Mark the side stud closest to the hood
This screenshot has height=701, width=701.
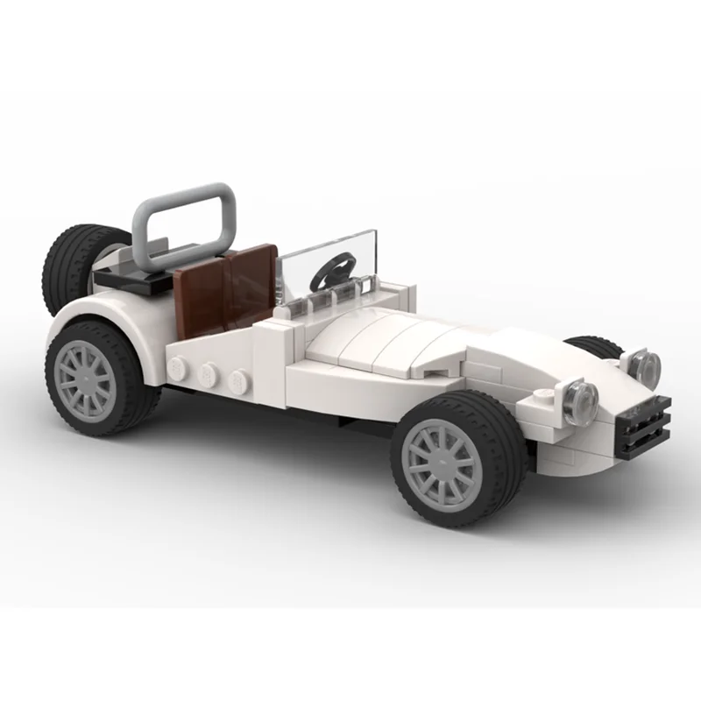(237, 382)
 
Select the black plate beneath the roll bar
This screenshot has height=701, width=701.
(131, 279)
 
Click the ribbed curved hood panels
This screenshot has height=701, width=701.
(386, 337)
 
